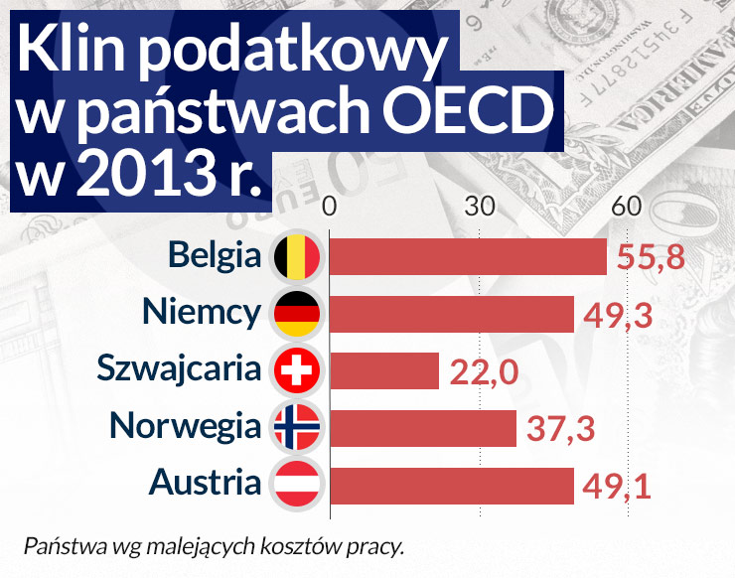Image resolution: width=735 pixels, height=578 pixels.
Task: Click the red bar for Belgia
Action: click(467, 257)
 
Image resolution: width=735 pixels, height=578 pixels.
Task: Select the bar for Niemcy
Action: click(451, 314)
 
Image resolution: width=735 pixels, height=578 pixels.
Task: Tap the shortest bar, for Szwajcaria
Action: click(383, 370)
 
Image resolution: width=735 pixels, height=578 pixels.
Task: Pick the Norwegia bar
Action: click(422, 427)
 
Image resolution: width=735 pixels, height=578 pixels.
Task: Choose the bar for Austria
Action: click(451, 485)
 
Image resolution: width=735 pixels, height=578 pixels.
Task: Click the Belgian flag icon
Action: click(297, 257)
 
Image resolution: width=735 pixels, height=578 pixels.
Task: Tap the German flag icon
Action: click(297, 314)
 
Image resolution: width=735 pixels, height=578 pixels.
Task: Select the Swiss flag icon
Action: click(297, 370)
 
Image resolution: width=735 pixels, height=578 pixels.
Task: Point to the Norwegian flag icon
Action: click(297, 427)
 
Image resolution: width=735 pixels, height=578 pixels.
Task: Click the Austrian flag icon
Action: click(297, 485)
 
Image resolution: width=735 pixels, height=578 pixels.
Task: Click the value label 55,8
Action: click(651, 258)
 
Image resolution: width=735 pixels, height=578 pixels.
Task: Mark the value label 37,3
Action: click(561, 429)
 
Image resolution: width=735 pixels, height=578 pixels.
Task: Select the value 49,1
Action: click(618, 487)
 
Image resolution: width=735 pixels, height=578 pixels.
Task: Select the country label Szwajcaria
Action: click(180, 369)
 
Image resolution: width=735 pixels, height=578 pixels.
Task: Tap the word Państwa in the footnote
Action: click(58, 545)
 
